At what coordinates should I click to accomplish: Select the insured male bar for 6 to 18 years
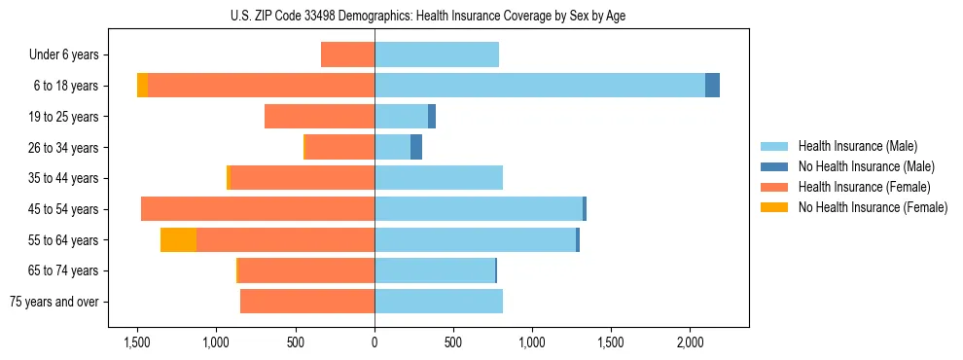tap(540, 86)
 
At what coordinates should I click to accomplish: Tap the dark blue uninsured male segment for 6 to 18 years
tap(712, 86)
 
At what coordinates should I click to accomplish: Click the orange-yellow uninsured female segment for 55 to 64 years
tap(178, 240)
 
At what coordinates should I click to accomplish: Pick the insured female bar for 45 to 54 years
tap(258, 209)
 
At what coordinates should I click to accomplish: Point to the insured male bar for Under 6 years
tap(437, 54)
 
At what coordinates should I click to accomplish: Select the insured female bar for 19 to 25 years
tap(319, 117)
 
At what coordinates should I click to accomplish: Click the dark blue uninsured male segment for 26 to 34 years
tap(416, 147)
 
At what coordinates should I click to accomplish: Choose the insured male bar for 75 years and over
tap(439, 302)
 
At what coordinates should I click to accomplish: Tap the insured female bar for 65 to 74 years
tap(306, 270)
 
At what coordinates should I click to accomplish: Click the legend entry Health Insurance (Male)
tap(857, 146)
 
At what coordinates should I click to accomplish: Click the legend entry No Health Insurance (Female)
tap(873, 207)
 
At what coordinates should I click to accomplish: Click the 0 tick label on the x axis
tap(374, 343)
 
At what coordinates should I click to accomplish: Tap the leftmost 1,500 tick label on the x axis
tap(136, 343)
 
